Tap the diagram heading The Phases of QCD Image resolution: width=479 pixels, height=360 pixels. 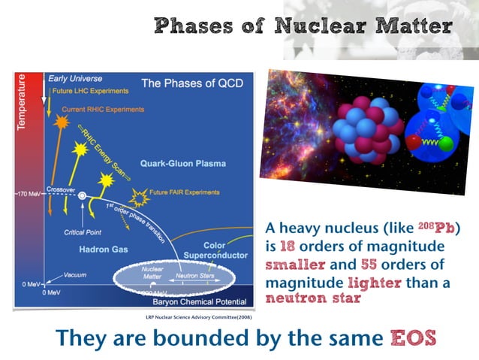tap(192, 83)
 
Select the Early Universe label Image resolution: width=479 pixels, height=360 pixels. tap(75, 78)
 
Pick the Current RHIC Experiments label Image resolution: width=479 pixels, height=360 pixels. tap(103, 110)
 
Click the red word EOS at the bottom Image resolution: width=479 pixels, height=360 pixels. tap(412, 338)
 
